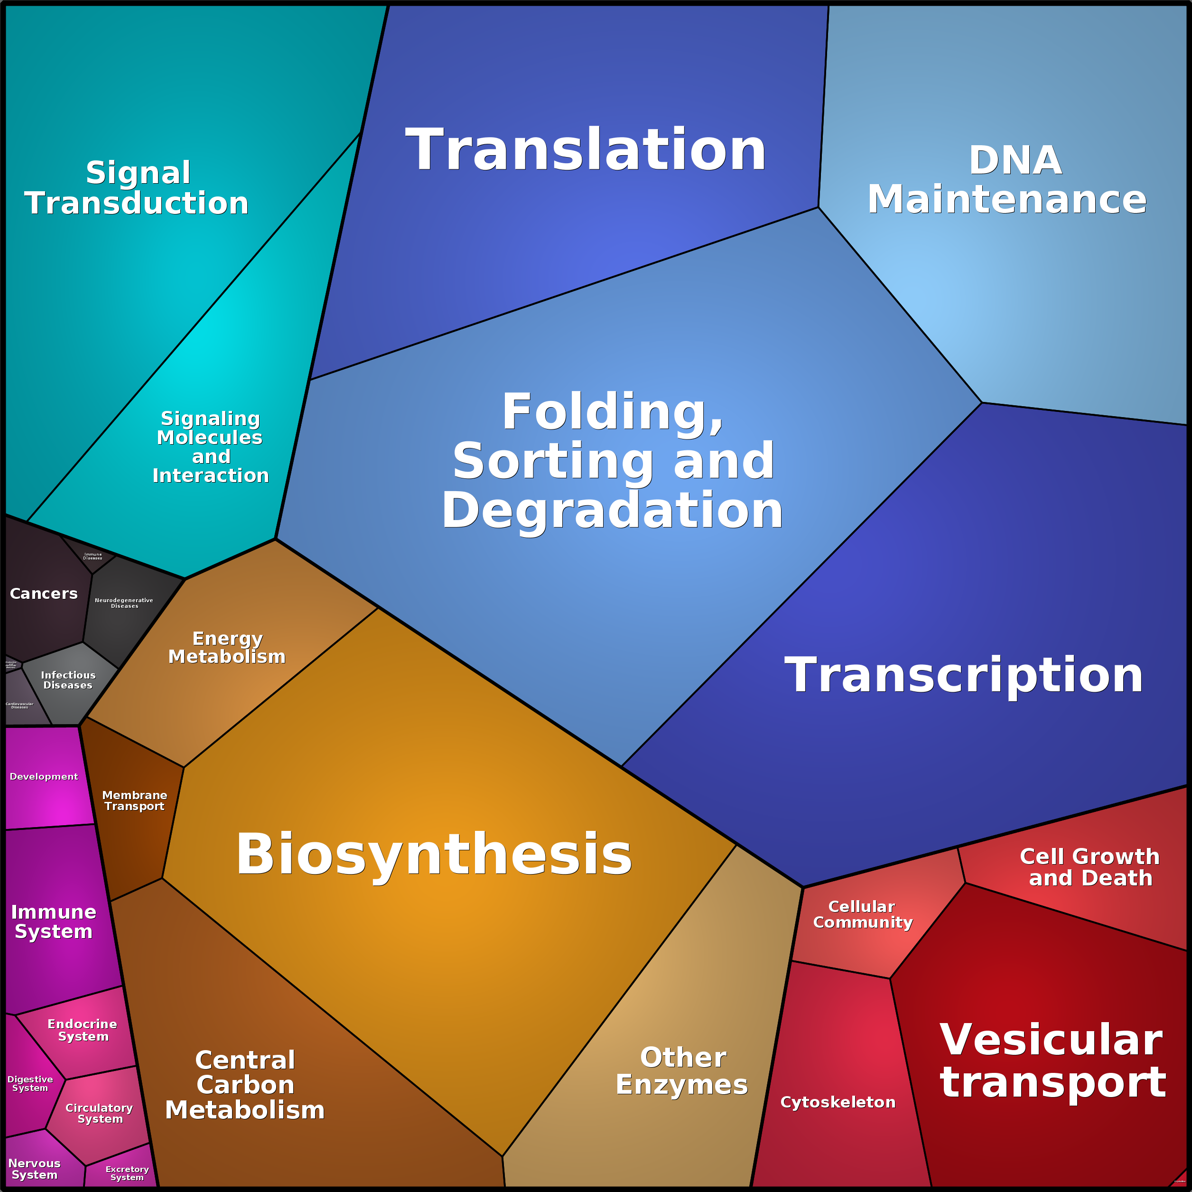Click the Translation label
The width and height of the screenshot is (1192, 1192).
[586, 150]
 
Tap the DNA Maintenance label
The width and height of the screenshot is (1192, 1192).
[1006, 180]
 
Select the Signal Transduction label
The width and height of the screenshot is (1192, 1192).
[137, 188]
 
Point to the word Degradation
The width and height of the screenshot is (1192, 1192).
[612, 511]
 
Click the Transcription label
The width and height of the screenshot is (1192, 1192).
[963, 675]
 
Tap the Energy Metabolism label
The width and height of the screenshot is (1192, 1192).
[227, 647]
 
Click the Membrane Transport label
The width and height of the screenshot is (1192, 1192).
[134, 801]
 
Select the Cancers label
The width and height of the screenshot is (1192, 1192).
[44, 594]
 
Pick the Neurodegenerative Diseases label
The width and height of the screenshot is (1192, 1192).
[124, 603]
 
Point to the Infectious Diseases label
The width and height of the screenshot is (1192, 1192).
[68, 680]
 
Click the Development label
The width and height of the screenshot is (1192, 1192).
[44, 777]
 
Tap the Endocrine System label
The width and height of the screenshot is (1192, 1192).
[83, 1030]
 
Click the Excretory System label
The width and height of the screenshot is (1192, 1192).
[127, 1173]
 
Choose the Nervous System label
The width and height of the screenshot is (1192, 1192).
[35, 1169]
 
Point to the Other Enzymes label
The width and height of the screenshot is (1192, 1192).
[682, 1071]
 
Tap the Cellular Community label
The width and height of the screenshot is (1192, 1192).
[862, 914]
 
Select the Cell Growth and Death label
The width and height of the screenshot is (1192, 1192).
[1090, 867]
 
